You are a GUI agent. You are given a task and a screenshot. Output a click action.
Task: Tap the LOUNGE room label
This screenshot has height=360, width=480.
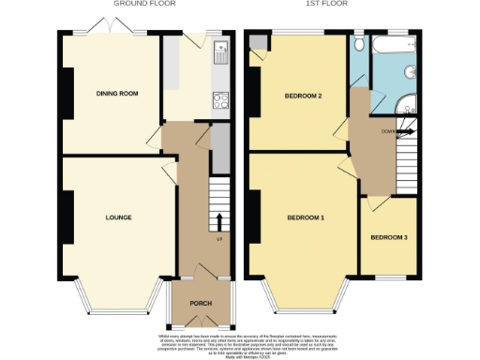pos(118,217)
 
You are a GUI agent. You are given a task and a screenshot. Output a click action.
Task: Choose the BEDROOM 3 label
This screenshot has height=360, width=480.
pos(388,237)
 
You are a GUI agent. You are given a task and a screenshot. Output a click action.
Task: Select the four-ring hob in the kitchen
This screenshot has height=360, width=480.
pos(222,100)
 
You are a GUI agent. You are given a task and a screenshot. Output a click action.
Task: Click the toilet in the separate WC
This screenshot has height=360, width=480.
pos(360,46)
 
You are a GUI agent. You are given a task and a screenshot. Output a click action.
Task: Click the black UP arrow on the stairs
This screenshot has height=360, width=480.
pos(219,221)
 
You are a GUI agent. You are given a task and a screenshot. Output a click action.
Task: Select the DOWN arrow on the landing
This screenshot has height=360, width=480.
pos(405,132)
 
